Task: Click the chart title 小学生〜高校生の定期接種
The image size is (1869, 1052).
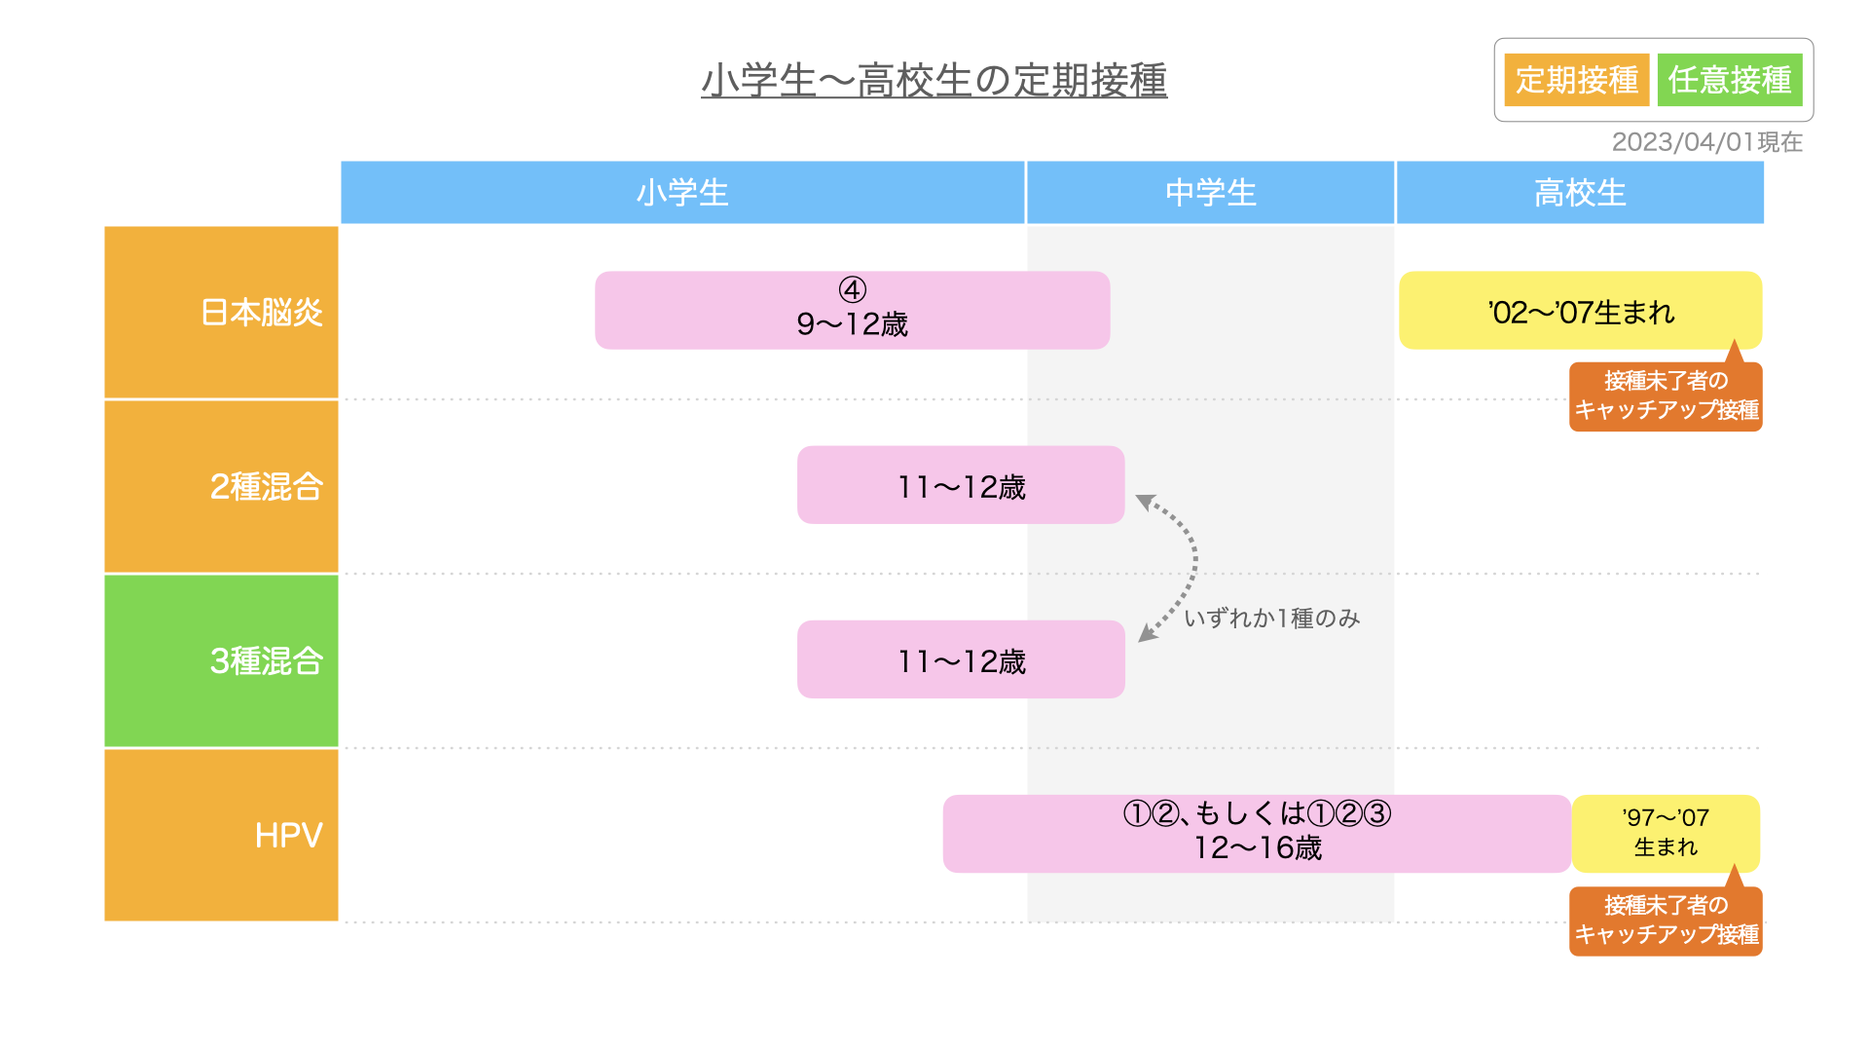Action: pyautogui.click(x=934, y=80)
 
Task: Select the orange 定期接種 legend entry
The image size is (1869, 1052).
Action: pyautogui.click(x=1577, y=80)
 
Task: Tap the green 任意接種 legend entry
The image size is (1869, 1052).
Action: pyautogui.click(x=1730, y=80)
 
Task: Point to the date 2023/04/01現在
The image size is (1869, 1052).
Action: pyautogui.click(x=1707, y=142)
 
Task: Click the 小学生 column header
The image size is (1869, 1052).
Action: pyautogui.click(x=682, y=193)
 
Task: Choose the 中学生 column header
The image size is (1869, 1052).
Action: pyautogui.click(x=1211, y=193)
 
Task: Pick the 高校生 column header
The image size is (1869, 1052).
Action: pyautogui.click(x=1580, y=193)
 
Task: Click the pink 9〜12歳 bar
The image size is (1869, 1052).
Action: pyautogui.click(x=853, y=311)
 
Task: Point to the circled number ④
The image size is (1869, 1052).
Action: pyautogui.click(x=853, y=290)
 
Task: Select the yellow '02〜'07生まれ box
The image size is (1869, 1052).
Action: pyautogui.click(x=1581, y=311)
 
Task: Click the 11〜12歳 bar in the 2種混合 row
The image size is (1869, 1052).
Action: pyautogui.click(x=961, y=485)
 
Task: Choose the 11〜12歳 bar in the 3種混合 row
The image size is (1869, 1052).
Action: pyautogui.click(x=961, y=659)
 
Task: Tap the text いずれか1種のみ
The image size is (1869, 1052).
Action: pyautogui.click(x=1272, y=619)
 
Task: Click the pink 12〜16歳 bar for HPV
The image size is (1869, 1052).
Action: pyautogui.click(x=1257, y=834)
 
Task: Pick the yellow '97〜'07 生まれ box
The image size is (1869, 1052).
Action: pyautogui.click(x=1666, y=834)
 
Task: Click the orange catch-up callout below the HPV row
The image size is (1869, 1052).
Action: pyautogui.click(x=1666, y=920)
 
